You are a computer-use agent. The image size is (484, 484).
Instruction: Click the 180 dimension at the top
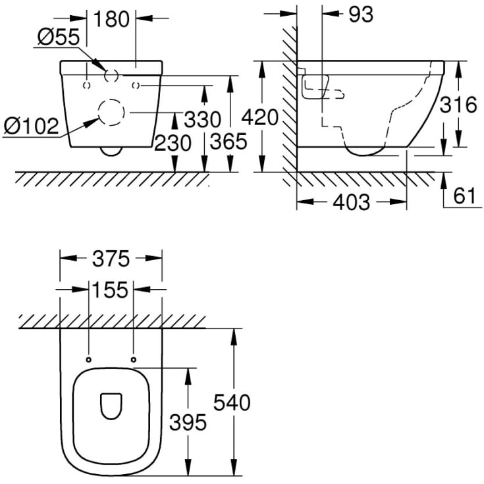coord(110,19)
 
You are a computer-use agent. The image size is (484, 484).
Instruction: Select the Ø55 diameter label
coord(58,38)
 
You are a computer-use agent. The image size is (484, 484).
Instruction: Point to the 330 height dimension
coord(202,120)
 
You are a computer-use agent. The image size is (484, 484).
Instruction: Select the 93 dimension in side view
coord(360,15)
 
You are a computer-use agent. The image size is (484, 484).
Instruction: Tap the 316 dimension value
coord(457,105)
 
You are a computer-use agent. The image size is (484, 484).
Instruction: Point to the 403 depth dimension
coord(351,202)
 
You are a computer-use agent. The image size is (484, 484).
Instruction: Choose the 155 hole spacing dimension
coord(111,289)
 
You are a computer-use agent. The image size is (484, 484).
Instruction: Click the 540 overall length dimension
coord(232,402)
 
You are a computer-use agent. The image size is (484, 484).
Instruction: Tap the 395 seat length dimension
coord(188,421)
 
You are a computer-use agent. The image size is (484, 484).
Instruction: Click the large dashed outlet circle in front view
coord(111,113)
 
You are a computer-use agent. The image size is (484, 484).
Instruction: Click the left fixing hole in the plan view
coord(88,359)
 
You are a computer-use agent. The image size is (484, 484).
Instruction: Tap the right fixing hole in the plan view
coord(134,359)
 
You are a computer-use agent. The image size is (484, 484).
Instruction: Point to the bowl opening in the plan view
coord(111,407)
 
